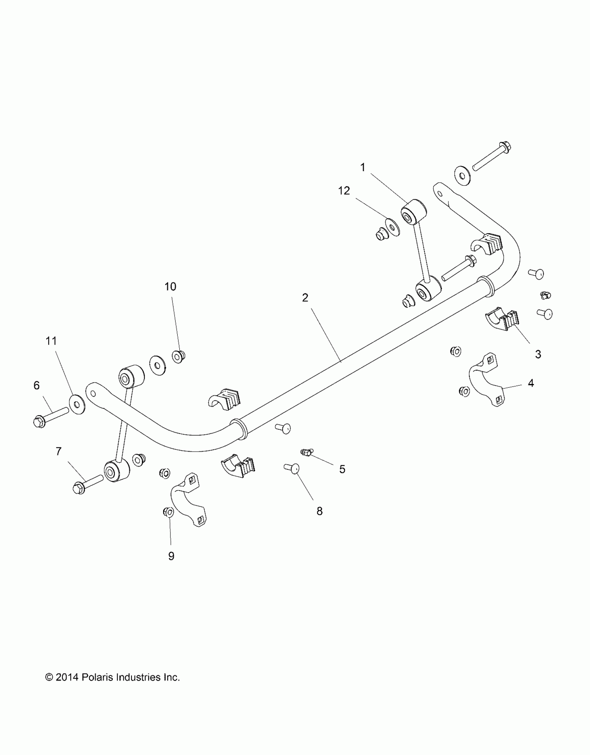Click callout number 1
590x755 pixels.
point(363,167)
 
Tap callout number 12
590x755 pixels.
point(344,191)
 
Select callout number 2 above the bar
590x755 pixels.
point(305,297)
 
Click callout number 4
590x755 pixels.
point(531,383)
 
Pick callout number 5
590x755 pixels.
point(342,469)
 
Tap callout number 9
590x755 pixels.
point(171,556)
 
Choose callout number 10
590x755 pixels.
point(170,286)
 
